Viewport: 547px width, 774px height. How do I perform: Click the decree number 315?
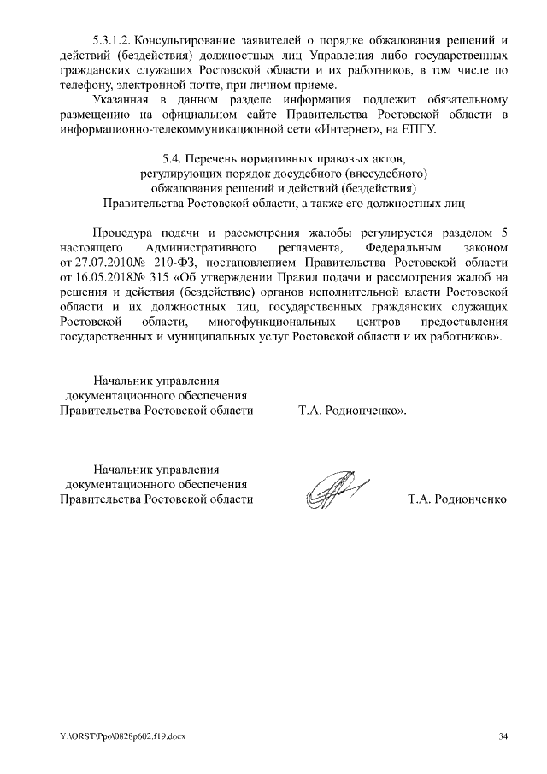coord(159,277)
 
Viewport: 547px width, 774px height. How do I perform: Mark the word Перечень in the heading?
coord(215,157)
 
